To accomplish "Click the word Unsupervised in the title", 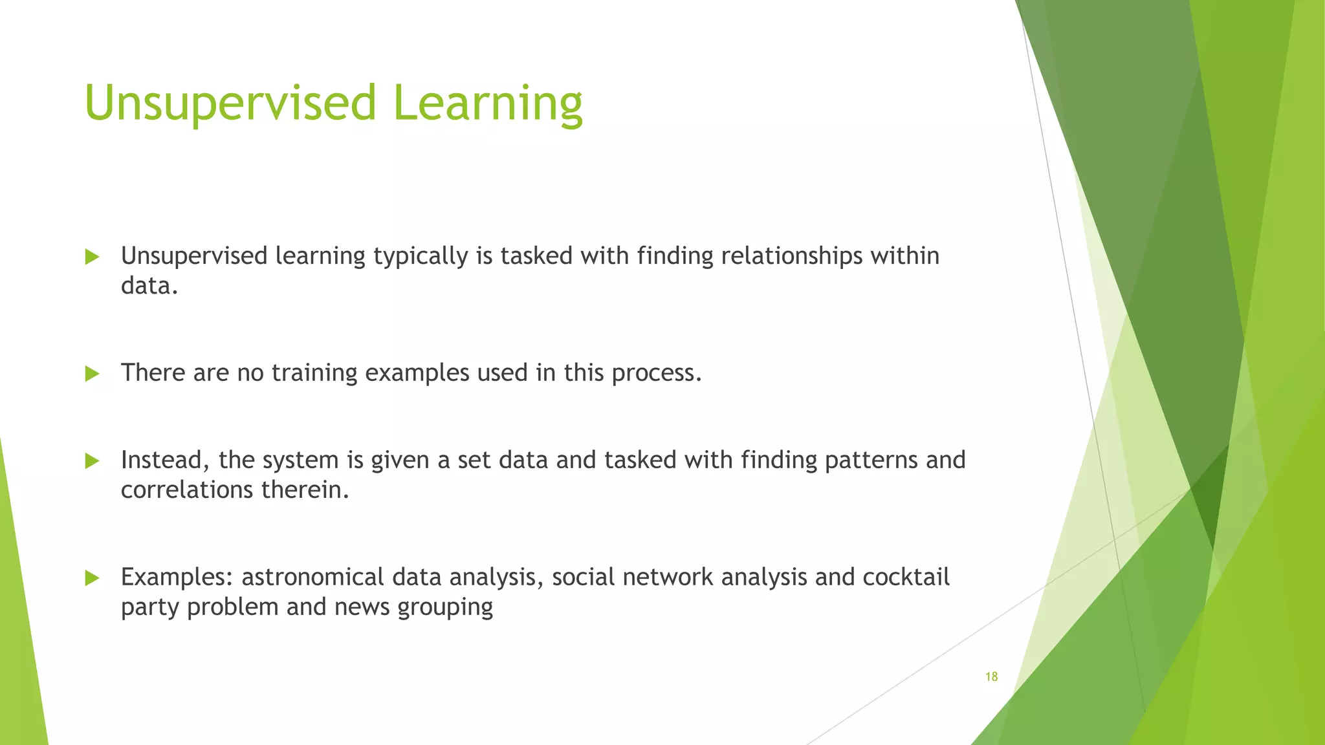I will point(230,103).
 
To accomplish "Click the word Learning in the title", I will point(487,103).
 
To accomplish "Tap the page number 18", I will point(991,676).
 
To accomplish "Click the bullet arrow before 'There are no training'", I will point(92,373).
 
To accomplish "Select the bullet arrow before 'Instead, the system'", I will point(92,461).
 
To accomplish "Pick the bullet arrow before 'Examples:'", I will point(92,578).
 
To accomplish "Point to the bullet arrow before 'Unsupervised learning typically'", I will point(92,257).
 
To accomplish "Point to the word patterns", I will point(871,460).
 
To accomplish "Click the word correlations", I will point(187,490).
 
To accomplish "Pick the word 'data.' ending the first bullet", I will point(149,286).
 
